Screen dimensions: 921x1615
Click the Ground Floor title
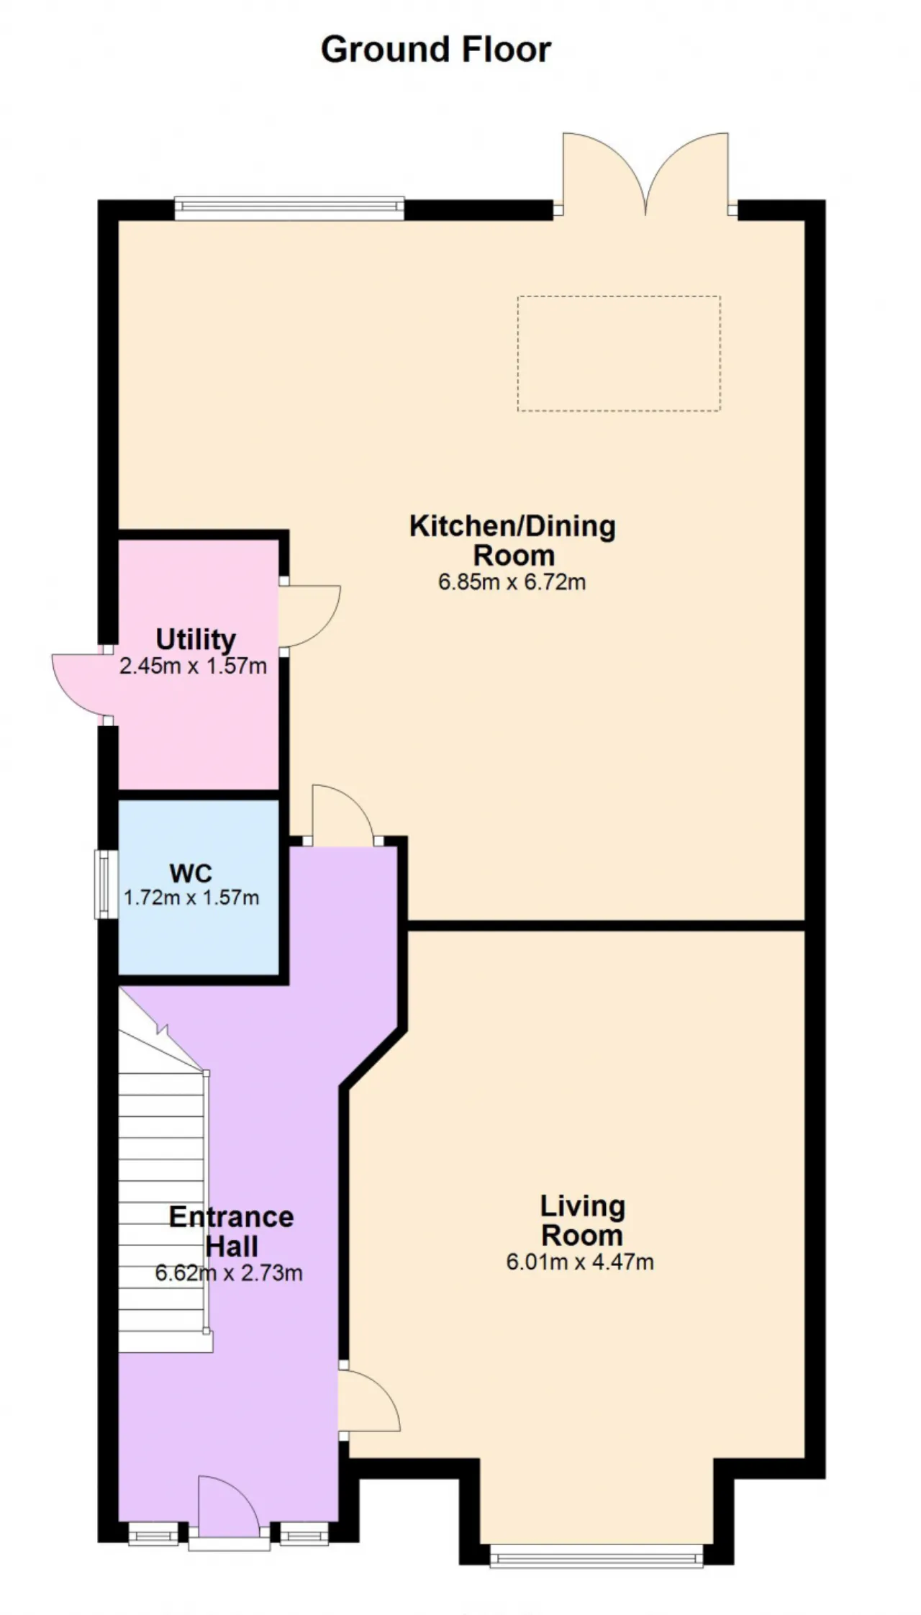coord(436,50)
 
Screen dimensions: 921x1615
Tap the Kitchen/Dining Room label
coord(512,540)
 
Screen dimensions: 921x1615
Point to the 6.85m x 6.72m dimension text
coord(512,582)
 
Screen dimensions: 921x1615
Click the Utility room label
coord(196,639)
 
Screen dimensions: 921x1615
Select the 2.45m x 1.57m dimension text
coord(193,666)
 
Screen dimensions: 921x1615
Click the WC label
coord(191,873)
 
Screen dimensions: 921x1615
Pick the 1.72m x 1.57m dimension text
coord(191,897)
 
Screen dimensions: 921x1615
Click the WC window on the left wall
coord(106,885)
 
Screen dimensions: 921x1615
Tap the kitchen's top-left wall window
coord(289,208)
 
